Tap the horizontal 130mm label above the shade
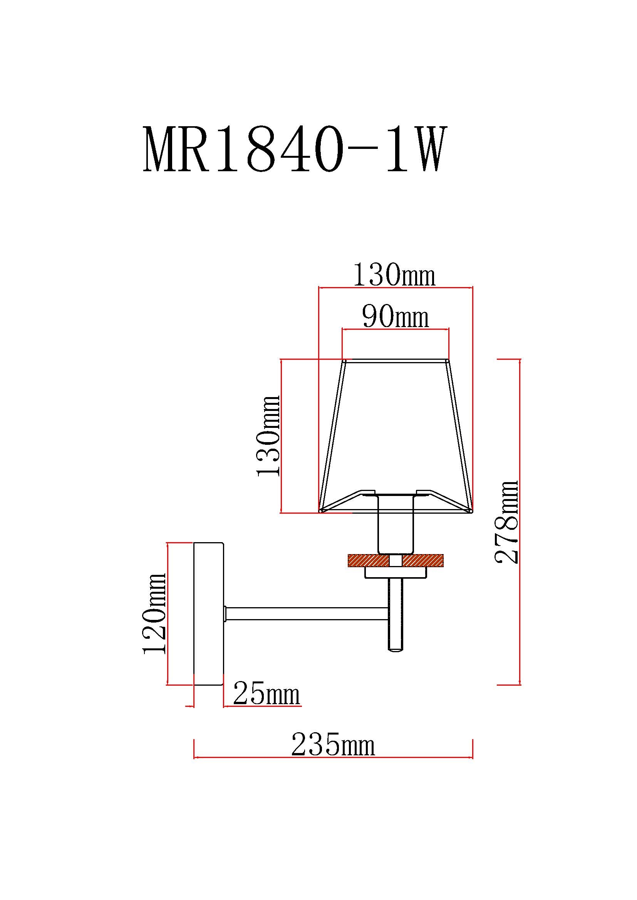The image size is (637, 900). point(394,275)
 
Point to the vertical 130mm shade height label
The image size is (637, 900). point(269,436)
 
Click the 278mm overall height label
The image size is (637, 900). point(507,522)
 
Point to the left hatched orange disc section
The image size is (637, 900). point(368,561)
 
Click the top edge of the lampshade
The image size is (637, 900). point(396,360)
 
